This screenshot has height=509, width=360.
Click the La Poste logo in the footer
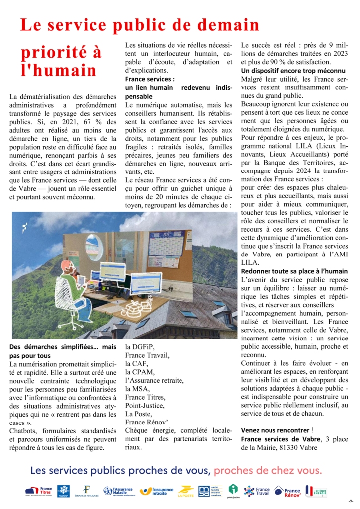[185, 491]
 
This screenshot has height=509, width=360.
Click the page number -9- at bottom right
[351, 500]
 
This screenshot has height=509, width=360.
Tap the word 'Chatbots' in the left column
[24, 430]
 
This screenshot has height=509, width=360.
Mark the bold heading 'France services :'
[150, 79]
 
